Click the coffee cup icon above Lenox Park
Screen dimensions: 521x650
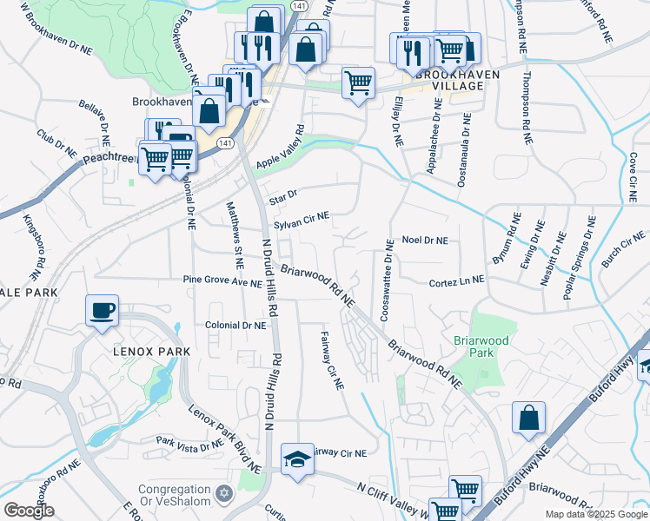click(102, 311)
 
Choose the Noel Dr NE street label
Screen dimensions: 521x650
click(425, 241)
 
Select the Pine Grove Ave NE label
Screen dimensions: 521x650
click(222, 282)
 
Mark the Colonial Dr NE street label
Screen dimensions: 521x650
click(235, 326)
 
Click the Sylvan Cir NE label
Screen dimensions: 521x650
click(302, 221)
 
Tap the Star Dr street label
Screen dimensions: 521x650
click(282, 195)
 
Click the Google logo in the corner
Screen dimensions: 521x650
click(30, 510)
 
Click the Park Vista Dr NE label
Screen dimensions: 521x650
click(189, 445)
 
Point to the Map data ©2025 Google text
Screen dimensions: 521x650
click(595, 514)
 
